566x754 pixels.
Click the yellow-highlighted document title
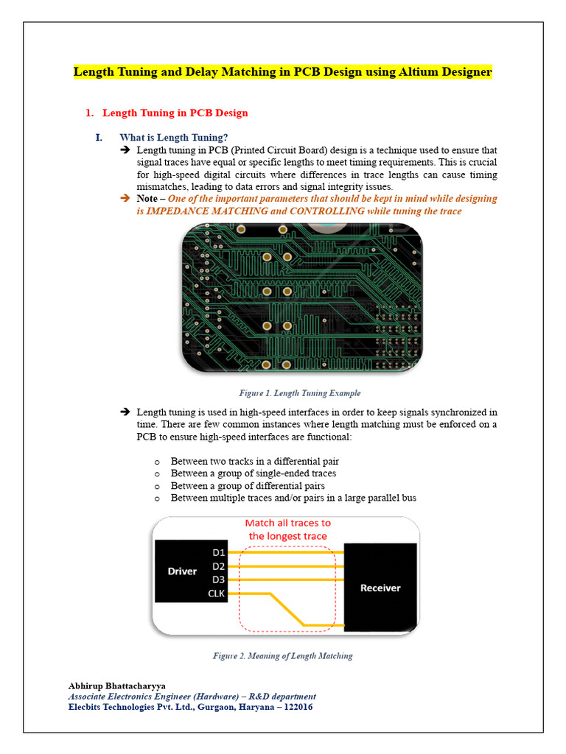click(282, 72)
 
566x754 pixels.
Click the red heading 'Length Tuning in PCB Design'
click(175, 113)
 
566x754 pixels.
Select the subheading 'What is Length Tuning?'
click(173, 138)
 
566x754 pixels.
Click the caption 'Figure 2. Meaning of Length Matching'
click(282, 655)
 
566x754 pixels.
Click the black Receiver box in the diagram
click(380, 587)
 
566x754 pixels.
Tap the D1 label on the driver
click(218, 552)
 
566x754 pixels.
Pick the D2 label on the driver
click(218, 565)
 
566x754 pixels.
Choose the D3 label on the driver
click(218, 579)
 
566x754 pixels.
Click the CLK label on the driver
click(217, 593)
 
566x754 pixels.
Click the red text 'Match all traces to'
click(287, 524)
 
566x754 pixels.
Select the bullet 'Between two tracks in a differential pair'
click(254, 461)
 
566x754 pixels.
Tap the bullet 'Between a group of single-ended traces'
click(253, 473)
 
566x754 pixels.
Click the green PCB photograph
click(302, 298)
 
